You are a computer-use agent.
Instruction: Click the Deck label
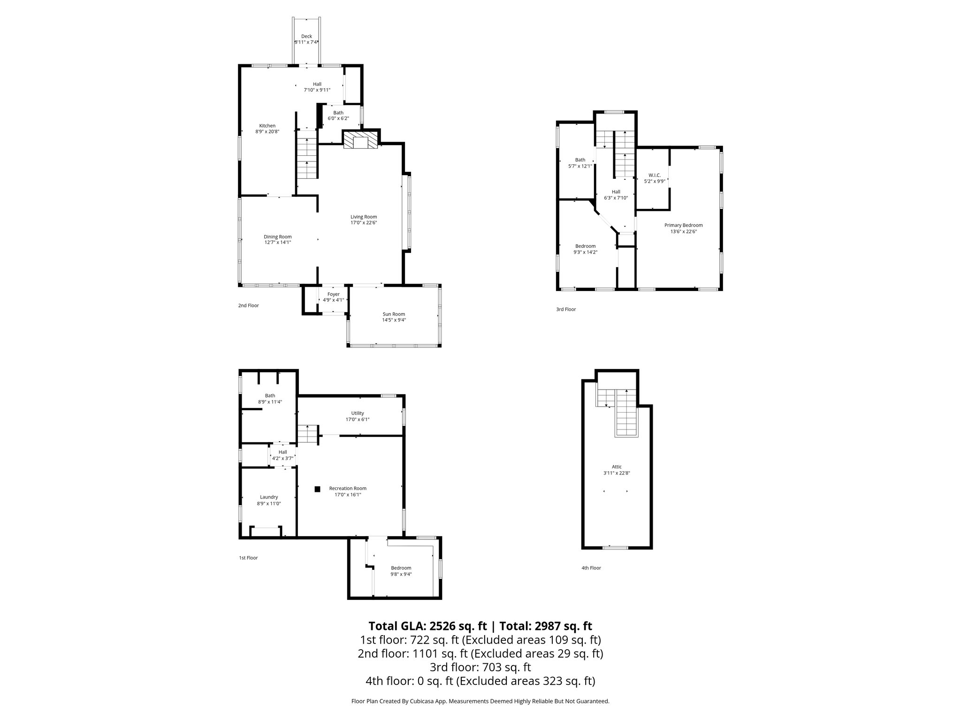pos(306,36)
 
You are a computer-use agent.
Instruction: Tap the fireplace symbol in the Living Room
pos(360,140)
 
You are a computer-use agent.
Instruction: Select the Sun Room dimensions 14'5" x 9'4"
pos(393,320)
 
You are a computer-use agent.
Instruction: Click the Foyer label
pos(333,294)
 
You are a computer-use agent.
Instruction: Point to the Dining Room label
pos(277,237)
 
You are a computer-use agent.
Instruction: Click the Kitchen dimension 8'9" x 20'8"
pos(267,132)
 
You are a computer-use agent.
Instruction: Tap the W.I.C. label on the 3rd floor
pos(654,175)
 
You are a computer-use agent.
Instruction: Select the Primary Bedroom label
pos(683,225)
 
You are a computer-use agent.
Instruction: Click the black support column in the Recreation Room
pos(317,489)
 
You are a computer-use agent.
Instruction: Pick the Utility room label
pos(358,413)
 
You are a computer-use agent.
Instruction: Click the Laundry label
pos(269,497)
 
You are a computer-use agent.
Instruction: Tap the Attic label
pos(617,467)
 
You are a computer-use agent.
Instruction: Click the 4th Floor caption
pos(591,568)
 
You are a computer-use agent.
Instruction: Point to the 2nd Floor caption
pos(248,306)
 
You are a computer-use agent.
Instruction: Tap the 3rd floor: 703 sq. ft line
pos(480,667)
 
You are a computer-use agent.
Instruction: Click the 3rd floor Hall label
pos(616,192)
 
